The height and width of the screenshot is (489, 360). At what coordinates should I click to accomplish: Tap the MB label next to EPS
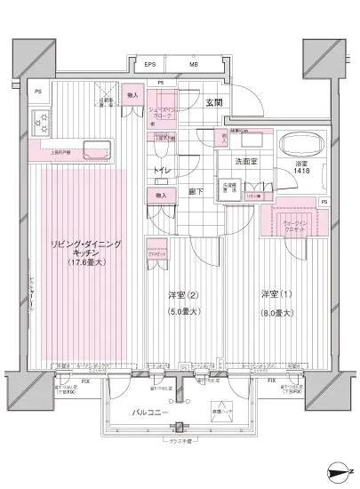(x=194, y=65)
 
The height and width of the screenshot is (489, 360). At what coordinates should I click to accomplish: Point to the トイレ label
(x=162, y=167)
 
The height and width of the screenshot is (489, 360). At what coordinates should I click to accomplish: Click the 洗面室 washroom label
(x=246, y=162)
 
